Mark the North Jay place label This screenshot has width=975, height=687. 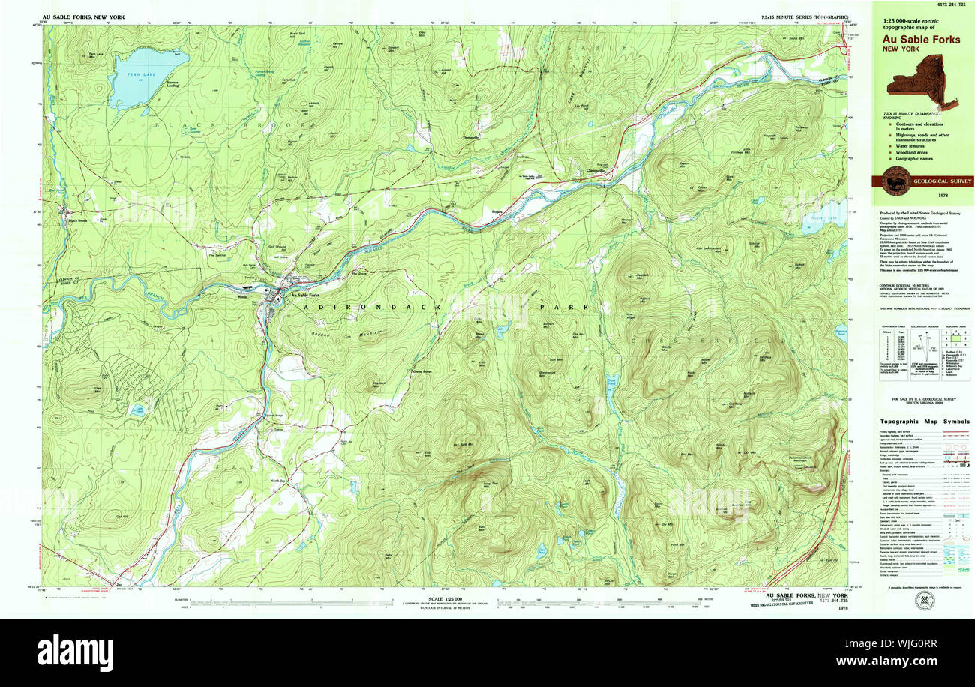279,481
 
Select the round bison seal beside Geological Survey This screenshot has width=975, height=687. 896,181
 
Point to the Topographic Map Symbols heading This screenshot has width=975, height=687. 925,421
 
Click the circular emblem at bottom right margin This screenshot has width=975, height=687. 923,601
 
